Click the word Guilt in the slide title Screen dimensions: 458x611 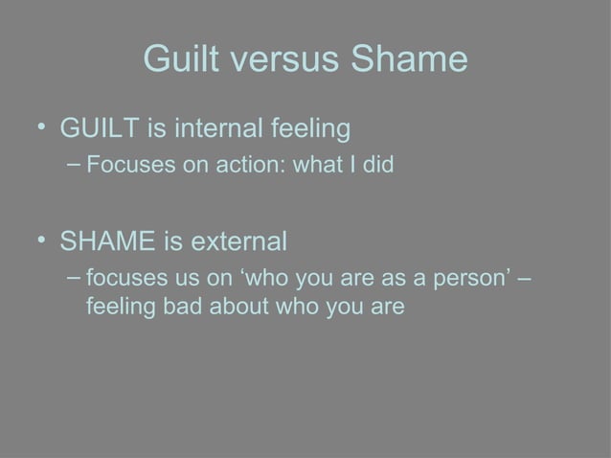tap(179, 61)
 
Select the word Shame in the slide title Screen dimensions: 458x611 tap(409, 61)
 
